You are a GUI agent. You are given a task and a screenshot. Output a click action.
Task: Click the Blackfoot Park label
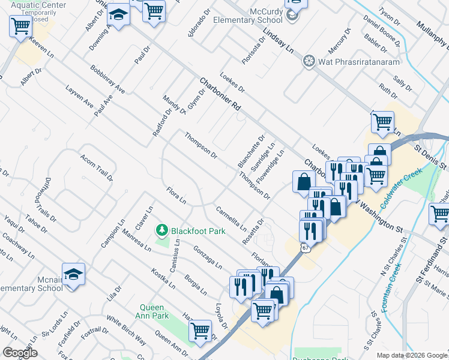coord(198,230)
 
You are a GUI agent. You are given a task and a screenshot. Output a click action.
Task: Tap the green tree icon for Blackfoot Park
coord(161,230)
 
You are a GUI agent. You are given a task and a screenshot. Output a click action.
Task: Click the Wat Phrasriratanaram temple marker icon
coord(309,61)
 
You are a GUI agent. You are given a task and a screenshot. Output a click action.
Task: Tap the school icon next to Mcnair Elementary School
coord(73,275)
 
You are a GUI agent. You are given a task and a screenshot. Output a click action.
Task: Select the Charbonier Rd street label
coord(220,94)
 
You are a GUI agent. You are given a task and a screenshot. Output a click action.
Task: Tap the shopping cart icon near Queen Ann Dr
coord(200,330)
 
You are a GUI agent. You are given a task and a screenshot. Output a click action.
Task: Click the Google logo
coord(20,353)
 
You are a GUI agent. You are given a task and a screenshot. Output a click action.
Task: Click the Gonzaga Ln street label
coord(208,257)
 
